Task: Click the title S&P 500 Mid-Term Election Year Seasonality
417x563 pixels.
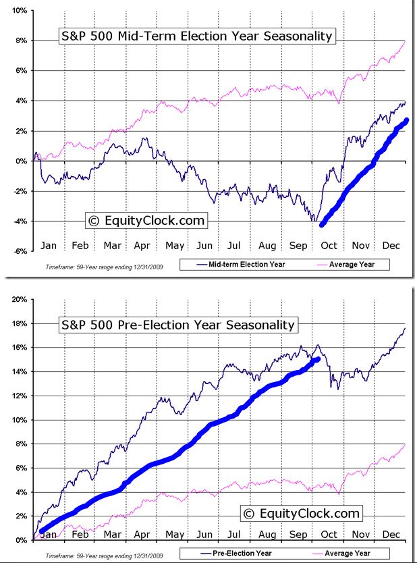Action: [x=195, y=36]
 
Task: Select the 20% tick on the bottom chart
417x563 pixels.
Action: [x=18, y=299]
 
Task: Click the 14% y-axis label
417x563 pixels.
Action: [x=18, y=372]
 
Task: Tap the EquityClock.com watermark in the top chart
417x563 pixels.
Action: [x=146, y=220]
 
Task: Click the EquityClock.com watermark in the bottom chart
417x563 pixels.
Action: [x=302, y=514]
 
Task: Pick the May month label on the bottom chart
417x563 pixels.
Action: [x=174, y=534]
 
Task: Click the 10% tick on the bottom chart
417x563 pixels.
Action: [x=18, y=420]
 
